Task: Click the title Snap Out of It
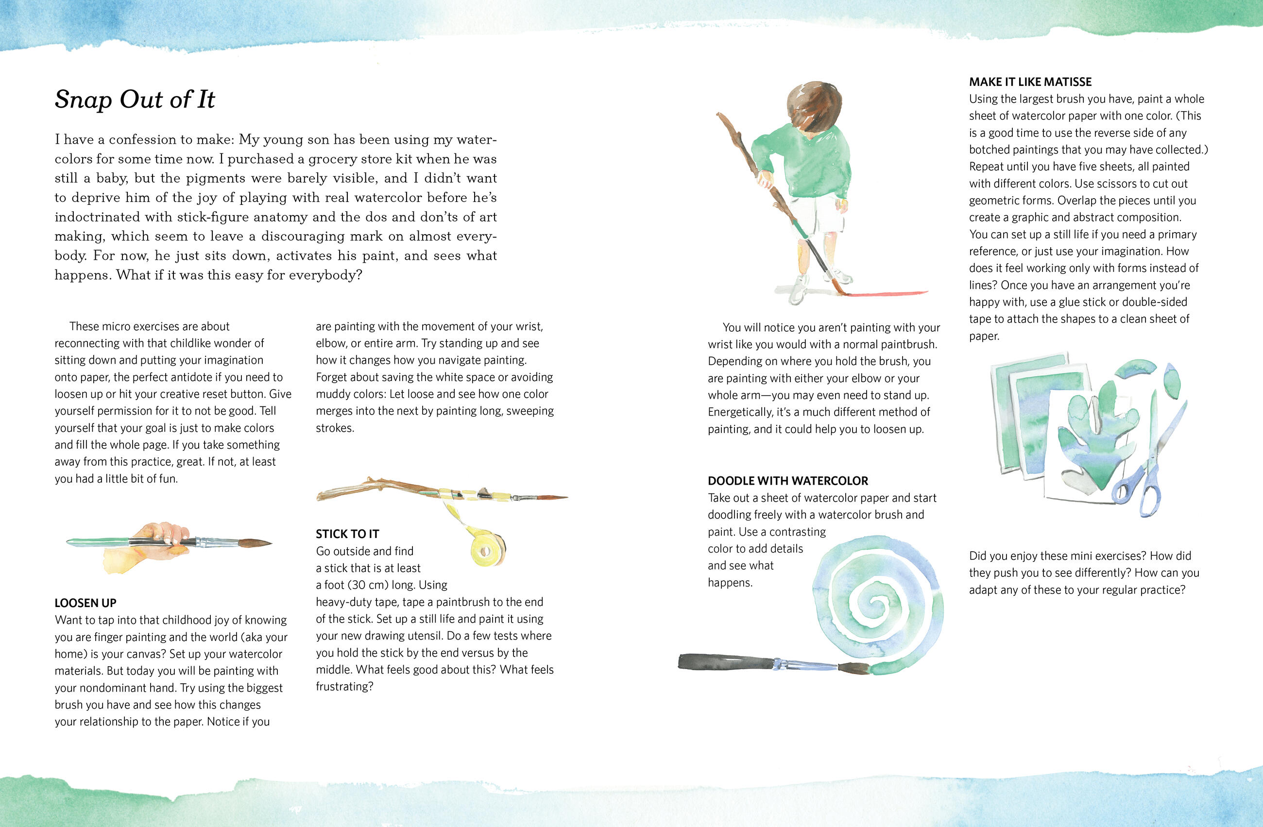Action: pyautogui.click(x=135, y=99)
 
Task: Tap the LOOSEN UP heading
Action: pyautogui.click(x=85, y=603)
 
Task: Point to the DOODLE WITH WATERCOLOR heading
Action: pyautogui.click(x=787, y=481)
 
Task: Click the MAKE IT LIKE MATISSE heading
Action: pyautogui.click(x=1030, y=82)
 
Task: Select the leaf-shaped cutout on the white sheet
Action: pyautogui.click(x=1091, y=435)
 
